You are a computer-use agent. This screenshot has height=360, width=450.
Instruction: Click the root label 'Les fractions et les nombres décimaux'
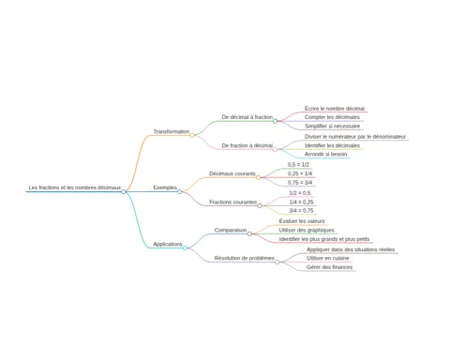(x=75, y=187)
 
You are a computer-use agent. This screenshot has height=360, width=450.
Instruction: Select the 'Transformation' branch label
(x=172, y=131)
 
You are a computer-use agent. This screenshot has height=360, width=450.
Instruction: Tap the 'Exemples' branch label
(x=165, y=187)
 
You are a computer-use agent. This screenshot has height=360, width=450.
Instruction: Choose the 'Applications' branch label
(x=168, y=244)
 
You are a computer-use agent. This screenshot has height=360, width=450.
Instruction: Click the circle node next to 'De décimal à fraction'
(x=275, y=121)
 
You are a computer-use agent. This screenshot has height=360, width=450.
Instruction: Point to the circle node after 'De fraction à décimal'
(x=275, y=149)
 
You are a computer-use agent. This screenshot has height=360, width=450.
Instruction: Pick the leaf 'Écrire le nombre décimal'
(x=335, y=109)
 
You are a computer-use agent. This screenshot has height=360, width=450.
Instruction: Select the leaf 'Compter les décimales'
(x=332, y=117)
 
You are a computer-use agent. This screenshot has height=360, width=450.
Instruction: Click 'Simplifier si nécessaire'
(x=332, y=127)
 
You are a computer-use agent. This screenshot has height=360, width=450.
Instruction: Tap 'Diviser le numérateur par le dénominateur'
(x=355, y=137)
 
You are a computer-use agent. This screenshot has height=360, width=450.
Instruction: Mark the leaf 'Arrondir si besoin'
(x=325, y=154)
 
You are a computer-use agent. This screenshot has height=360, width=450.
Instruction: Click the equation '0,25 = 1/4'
(x=300, y=173)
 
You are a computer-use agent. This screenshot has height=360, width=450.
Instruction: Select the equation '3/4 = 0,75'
(x=301, y=211)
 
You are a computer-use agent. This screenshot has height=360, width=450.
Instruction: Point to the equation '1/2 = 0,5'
(x=300, y=193)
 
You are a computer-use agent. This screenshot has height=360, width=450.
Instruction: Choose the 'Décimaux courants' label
(x=232, y=173)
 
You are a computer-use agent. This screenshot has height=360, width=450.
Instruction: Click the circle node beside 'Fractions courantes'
(x=260, y=205)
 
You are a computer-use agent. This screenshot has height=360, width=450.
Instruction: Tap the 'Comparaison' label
(x=231, y=230)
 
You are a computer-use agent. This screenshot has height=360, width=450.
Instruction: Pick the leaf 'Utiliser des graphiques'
(x=307, y=231)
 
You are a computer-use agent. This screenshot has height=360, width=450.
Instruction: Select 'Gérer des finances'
(x=329, y=267)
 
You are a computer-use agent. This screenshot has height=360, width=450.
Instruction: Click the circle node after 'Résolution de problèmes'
(x=277, y=262)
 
